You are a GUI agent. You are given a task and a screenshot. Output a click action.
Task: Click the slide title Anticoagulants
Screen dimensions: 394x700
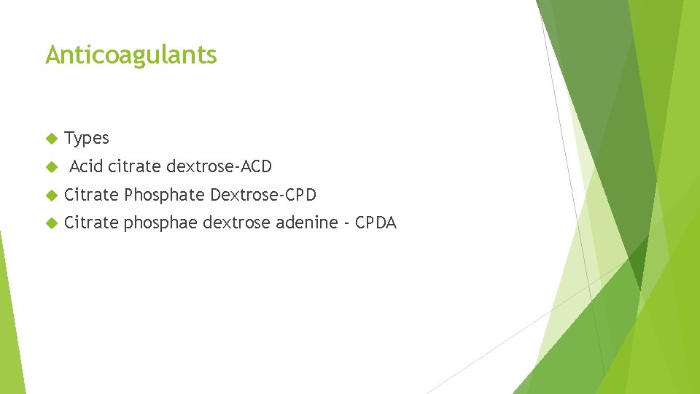point(131,55)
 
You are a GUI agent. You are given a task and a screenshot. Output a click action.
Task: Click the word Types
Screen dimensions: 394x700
point(87,138)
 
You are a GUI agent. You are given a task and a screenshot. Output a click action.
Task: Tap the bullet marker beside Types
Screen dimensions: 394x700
point(50,139)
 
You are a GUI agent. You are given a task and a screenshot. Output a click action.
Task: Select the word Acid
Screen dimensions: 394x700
point(86,166)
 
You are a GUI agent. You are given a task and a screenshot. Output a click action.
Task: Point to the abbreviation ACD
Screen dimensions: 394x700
point(256,166)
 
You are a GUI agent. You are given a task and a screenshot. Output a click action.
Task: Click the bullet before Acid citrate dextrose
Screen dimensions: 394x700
point(50,167)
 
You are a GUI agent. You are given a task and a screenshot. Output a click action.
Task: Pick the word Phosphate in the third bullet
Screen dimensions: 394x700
point(164,196)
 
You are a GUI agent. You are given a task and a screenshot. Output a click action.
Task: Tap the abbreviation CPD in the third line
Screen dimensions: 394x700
point(300,195)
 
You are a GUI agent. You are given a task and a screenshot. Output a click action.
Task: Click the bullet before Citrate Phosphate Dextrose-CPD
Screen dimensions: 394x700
point(50,196)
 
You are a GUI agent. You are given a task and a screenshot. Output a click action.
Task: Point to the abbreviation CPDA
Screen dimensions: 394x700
point(376,223)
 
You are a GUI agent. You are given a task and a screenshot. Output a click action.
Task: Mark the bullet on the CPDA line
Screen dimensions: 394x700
point(50,223)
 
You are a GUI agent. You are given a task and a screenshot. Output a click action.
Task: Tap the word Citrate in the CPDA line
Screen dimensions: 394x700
point(91,223)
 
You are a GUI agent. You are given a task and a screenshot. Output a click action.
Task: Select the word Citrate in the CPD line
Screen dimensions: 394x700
point(91,195)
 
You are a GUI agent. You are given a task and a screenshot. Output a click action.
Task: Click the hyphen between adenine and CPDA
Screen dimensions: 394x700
point(345,223)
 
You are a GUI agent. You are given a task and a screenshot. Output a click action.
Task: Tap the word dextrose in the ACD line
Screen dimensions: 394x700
point(198,166)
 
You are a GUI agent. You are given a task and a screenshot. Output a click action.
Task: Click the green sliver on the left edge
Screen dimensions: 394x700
point(10,321)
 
